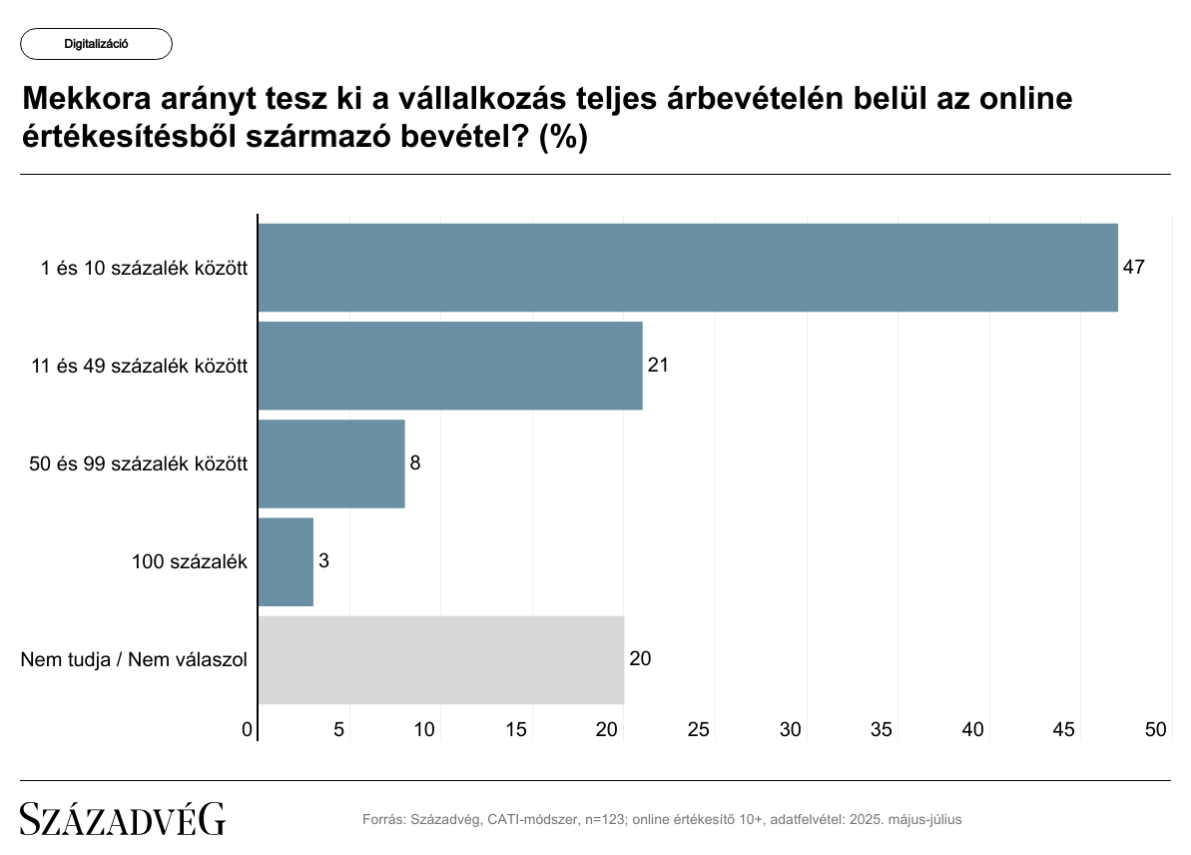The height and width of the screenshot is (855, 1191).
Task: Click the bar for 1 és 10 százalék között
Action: click(x=687, y=268)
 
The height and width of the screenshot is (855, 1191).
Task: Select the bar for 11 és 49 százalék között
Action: click(x=449, y=366)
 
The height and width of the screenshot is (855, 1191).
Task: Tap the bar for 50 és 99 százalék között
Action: click(x=330, y=463)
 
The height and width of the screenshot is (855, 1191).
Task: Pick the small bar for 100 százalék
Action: click(x=286, y=561)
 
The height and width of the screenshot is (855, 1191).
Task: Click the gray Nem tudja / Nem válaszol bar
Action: click(x=440, y=659)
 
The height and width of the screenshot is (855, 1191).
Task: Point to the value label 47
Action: click(x=1133, y=268)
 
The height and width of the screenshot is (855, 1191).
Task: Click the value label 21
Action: click(x=657, y=366)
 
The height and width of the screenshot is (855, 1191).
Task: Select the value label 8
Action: click(x=415, y=463)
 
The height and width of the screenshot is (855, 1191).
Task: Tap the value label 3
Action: click(x=323, y=561)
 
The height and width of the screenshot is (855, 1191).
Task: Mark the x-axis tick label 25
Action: click(x=699, y=730)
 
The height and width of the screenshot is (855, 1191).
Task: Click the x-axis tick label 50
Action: click(x=1156, y=730)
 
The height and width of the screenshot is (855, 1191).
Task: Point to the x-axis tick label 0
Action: click(x=248, y=730)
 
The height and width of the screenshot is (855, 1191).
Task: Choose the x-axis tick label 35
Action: click(x=882, y=730)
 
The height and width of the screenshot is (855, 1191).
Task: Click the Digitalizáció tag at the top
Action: click(x=96, y=44)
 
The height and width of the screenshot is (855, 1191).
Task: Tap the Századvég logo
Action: click(x=123, y=819)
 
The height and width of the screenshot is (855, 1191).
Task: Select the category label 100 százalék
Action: click(x=189, y=561)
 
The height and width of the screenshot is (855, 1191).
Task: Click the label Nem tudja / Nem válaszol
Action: click(x=134, y=659)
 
